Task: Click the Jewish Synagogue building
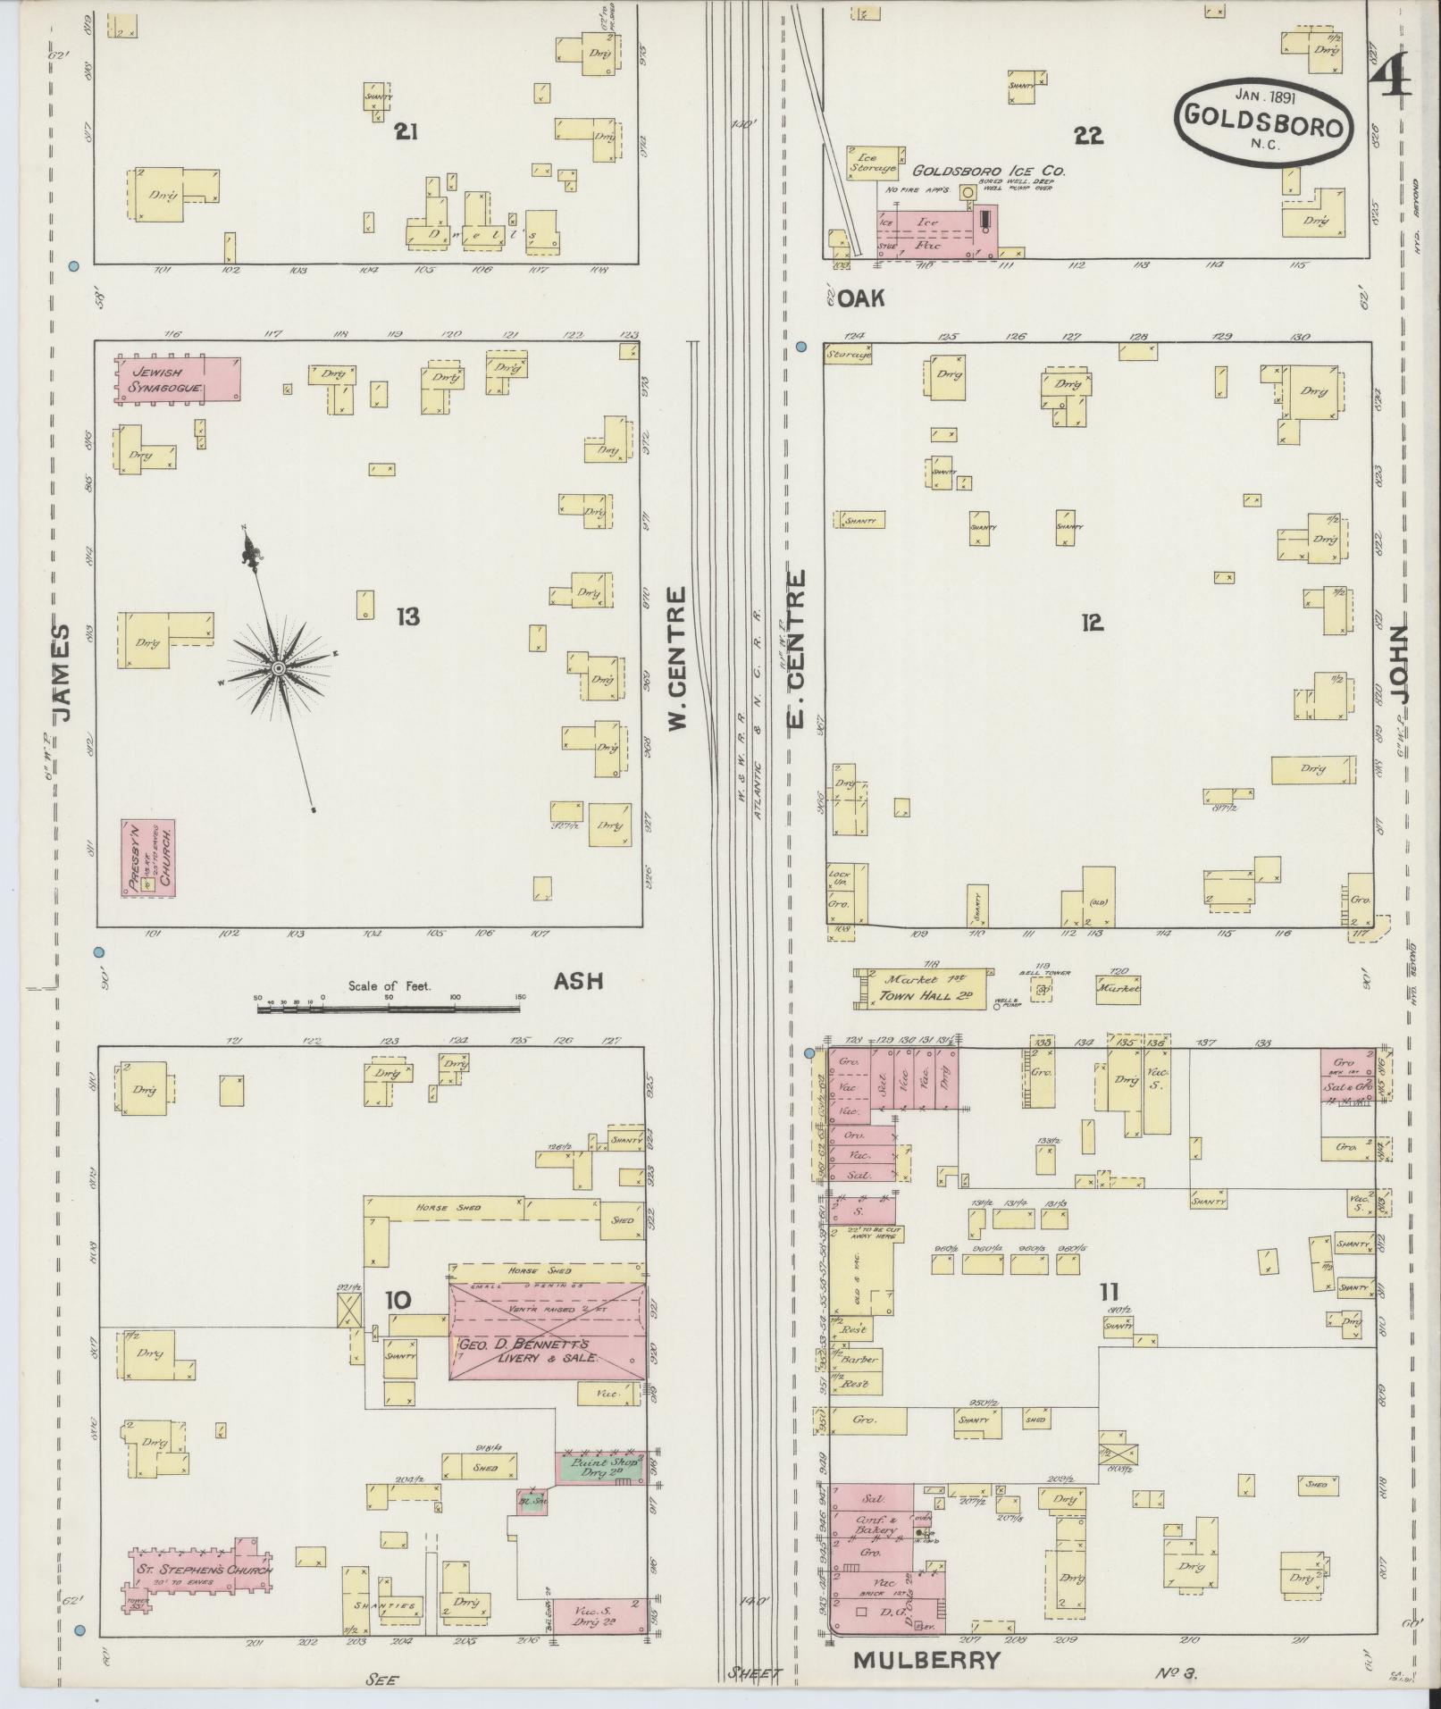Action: [x=177, y=380]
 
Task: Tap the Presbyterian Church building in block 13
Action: [x=147, y=858]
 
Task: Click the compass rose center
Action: [x=279, y=668]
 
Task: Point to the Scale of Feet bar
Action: [x=389, y=1009]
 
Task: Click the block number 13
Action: [x=407, y=616]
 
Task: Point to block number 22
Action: [x=1088, y=135]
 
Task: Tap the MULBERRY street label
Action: [x=926, y=1660]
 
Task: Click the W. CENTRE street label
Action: [x=678, y=658]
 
